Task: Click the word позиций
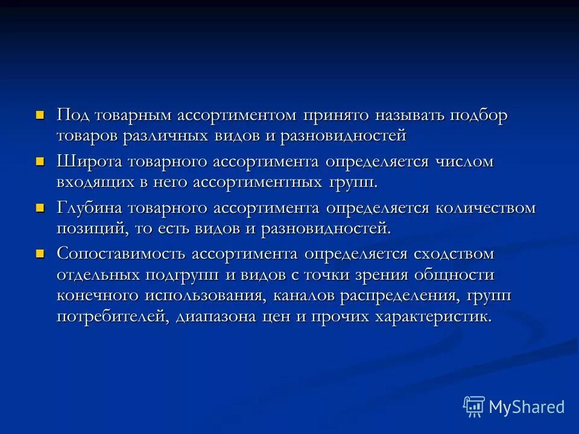pyautogui.click(x=88, y=229)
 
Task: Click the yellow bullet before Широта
pyautogui.click(x=41, y=161)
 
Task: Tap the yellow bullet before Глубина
pyautogui.click(x=41, y=207)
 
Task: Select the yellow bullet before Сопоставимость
pyautogui.click(x=41, y=253)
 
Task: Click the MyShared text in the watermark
pyautogui.click(x=527, y=407)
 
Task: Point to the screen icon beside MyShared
pyautogui.click(x=474, y=407)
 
